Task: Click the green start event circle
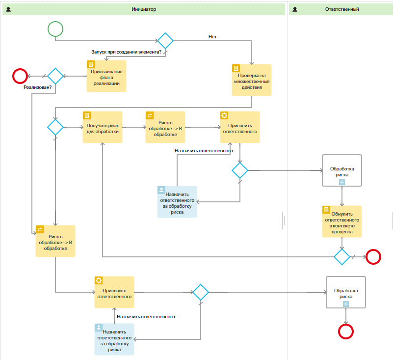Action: tap(55, 29)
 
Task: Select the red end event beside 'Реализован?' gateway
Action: tap(20, 76)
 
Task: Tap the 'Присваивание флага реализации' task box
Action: tap(106, 76)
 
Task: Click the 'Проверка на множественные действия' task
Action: tap(251, 80)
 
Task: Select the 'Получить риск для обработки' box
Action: tap(102, 127)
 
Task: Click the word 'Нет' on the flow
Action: tap(212, 36)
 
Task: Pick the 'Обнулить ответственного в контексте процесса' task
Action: tap(341, 222)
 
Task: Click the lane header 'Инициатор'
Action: tap(144, 9)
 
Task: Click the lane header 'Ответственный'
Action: tap(342, 9)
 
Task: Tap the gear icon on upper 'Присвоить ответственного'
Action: tap(224, 115)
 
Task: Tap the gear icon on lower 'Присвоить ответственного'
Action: tap(99, 280)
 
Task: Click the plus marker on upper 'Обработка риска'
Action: tap(342, 182)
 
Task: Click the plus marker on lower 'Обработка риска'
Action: tap(346, 304)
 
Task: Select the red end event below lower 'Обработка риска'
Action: tap(346, 332)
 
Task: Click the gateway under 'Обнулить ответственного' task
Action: tap(341, 256)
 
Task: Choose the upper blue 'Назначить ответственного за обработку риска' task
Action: tap(177, 202)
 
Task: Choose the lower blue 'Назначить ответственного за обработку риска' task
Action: tap(114, 339)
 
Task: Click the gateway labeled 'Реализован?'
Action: tap(55, 76)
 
